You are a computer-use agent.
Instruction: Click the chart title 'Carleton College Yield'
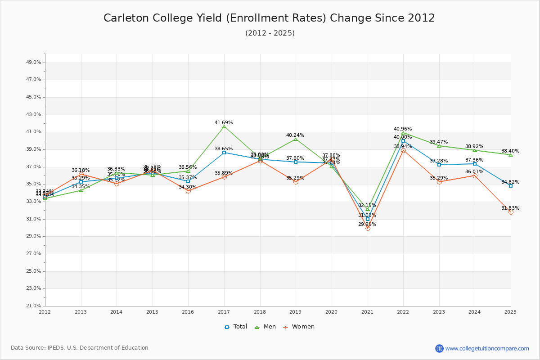pyautogui.click(x=269, y=18)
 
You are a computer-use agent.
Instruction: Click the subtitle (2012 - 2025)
pyautogui.click(x=270, y=33)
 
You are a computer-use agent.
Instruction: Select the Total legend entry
pyautogui.click(x=236, y=327)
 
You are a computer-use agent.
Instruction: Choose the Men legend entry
pyautogui.click(x=265, y=327)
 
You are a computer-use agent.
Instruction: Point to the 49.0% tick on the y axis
pyautogui.click(x=34, y=63)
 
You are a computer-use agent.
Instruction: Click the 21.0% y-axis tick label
pyautogui.click(x=34, y=306)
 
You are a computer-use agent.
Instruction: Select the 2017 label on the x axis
pyautogui.click(x=224, y=312)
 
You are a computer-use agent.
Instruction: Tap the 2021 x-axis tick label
pyautogui.click(x=367, y=312)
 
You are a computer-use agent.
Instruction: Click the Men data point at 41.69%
pyautogui.click(x=224, y=126)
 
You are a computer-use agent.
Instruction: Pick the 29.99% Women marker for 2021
pyautogui.click(x=368, y=228)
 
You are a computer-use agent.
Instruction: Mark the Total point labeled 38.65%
pyautogui.click(x=224, y=153)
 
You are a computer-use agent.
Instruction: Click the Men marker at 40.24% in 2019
pyautogui.click(x=296, y=139)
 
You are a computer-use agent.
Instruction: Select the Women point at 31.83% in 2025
pyautogui.click(x=511, y=212)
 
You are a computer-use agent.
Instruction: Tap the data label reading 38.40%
pyautogui.click(x=510, y=151)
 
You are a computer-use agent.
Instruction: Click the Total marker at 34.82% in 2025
pyautogui.click(x=511, y=186)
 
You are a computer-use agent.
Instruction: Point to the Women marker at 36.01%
pyautogui.click(x=475, y=175)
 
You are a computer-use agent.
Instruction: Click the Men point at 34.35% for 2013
pyautogui.click(x=81, y=190)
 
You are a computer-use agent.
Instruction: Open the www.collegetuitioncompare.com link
pyautogui.click(x=487, y=348)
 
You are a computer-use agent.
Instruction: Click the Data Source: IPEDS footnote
pyautogui.click(x=80, y=348)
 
